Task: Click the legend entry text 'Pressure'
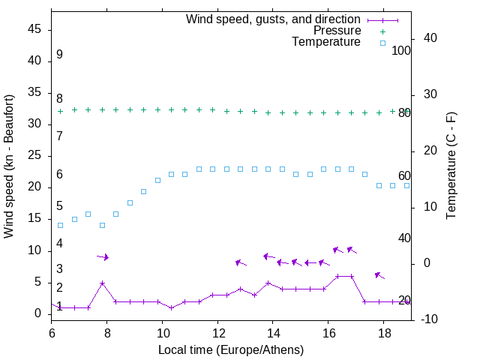click(x=337, y=31)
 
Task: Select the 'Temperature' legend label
click(x=326, y=42)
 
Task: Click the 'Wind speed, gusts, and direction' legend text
click(x=274, y=19)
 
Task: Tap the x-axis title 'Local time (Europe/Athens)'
click(x=231, y=350)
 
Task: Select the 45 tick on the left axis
click(x=34, y=29)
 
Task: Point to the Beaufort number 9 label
click(x=59, y=55)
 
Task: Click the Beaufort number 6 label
click(x=59, y=175)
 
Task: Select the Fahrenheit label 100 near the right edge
click(x=401, y=50)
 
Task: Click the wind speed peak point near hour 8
click(x=102, y=283)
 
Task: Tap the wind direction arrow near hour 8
click(x=103, y=257)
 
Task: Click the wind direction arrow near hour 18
click(x=379, y=275)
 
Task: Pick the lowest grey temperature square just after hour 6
click(x=60, y=225)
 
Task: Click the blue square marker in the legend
click(x=382, y=43)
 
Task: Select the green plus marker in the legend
click(x=382, y=31)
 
